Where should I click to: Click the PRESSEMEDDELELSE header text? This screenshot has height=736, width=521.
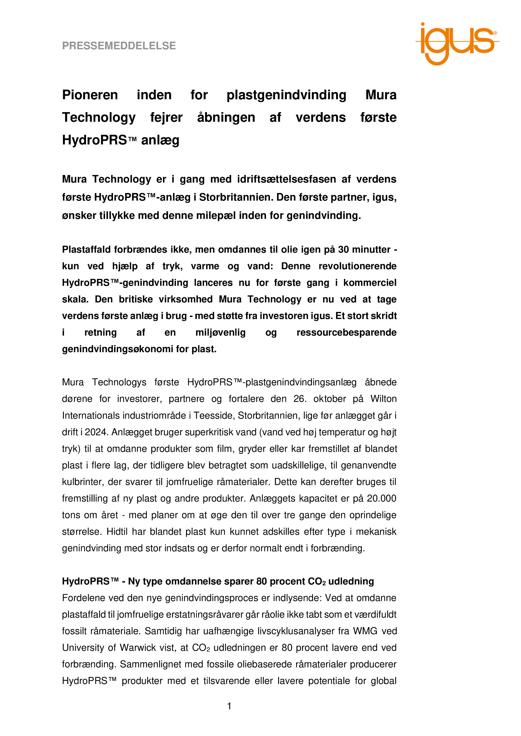coord(119,46)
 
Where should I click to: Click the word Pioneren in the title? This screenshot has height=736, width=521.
coord(90,95)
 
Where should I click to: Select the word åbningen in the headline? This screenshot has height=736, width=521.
coord(226,118)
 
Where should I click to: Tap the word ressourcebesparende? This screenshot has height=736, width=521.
coord(346,332)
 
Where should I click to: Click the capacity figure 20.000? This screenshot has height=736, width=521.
coord(381,498)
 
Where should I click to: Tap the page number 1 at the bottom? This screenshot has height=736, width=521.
coord(229,707)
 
